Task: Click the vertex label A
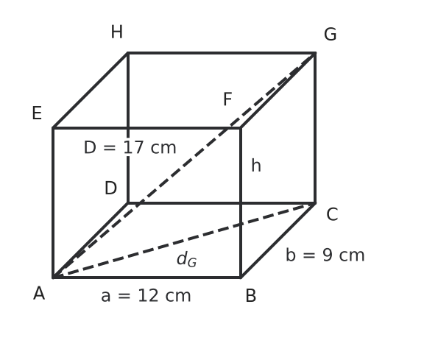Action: pyautogui.click(x=39, y=294)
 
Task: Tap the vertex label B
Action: pyautogui.click(x=251, y=296)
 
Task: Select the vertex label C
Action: pyautogui.click(x=332, y=214)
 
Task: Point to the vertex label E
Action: pyautogui.click(x=37, y=113)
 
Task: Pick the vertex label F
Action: pyautogui.click(x=227, y=99)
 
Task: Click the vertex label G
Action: pyautogui.click(x=331, y=35)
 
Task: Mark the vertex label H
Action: pyautogui.click(x=117, y=32)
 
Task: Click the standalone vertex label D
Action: pyautogui.click(x=110, y=188)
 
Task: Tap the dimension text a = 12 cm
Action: pyautogui.click(x=146, y=296)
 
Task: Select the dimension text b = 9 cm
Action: pyautogui.click(x=325, y=255)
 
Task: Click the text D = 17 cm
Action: pyautogui.click(x=130, y=148)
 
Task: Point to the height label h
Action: pyautogui.click(x=256, y=165)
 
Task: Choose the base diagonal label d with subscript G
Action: pyautogui.click(x=186, y=259)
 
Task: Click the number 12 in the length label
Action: pyautogui.click(x=148, y=296)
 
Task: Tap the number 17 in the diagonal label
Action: pyautogui.click(x=133, y=148)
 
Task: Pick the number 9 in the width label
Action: pyautogui.click(x=328, y=255)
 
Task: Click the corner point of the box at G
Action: pyautogui.click(x=316, y=53)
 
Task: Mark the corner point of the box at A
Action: pyautogui.click(x=53, y=278)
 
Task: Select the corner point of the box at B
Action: pyautogui.click(x=241, y=278)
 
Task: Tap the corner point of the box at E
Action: pyautogui.click(x=53, y=128)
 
